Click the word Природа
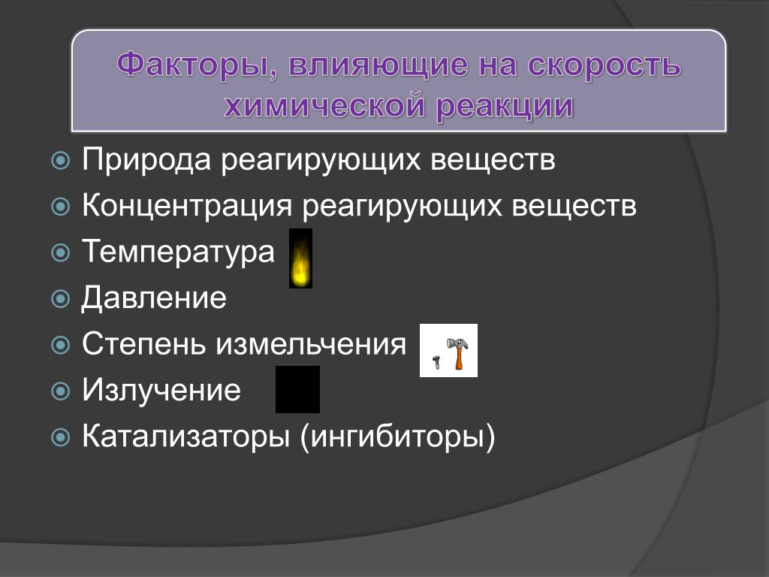coord(146,160)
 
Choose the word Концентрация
coord(187,205)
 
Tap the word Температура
coord(178,252)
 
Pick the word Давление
coord(153,298)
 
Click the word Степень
coord(143,343)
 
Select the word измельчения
coord(311,344)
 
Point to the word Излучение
coord(161,390)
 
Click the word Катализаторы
coord(186,437)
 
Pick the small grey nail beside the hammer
coord(436,363)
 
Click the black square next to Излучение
coord(297,390)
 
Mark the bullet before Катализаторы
coord(60,437)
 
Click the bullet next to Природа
coord(60,161)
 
